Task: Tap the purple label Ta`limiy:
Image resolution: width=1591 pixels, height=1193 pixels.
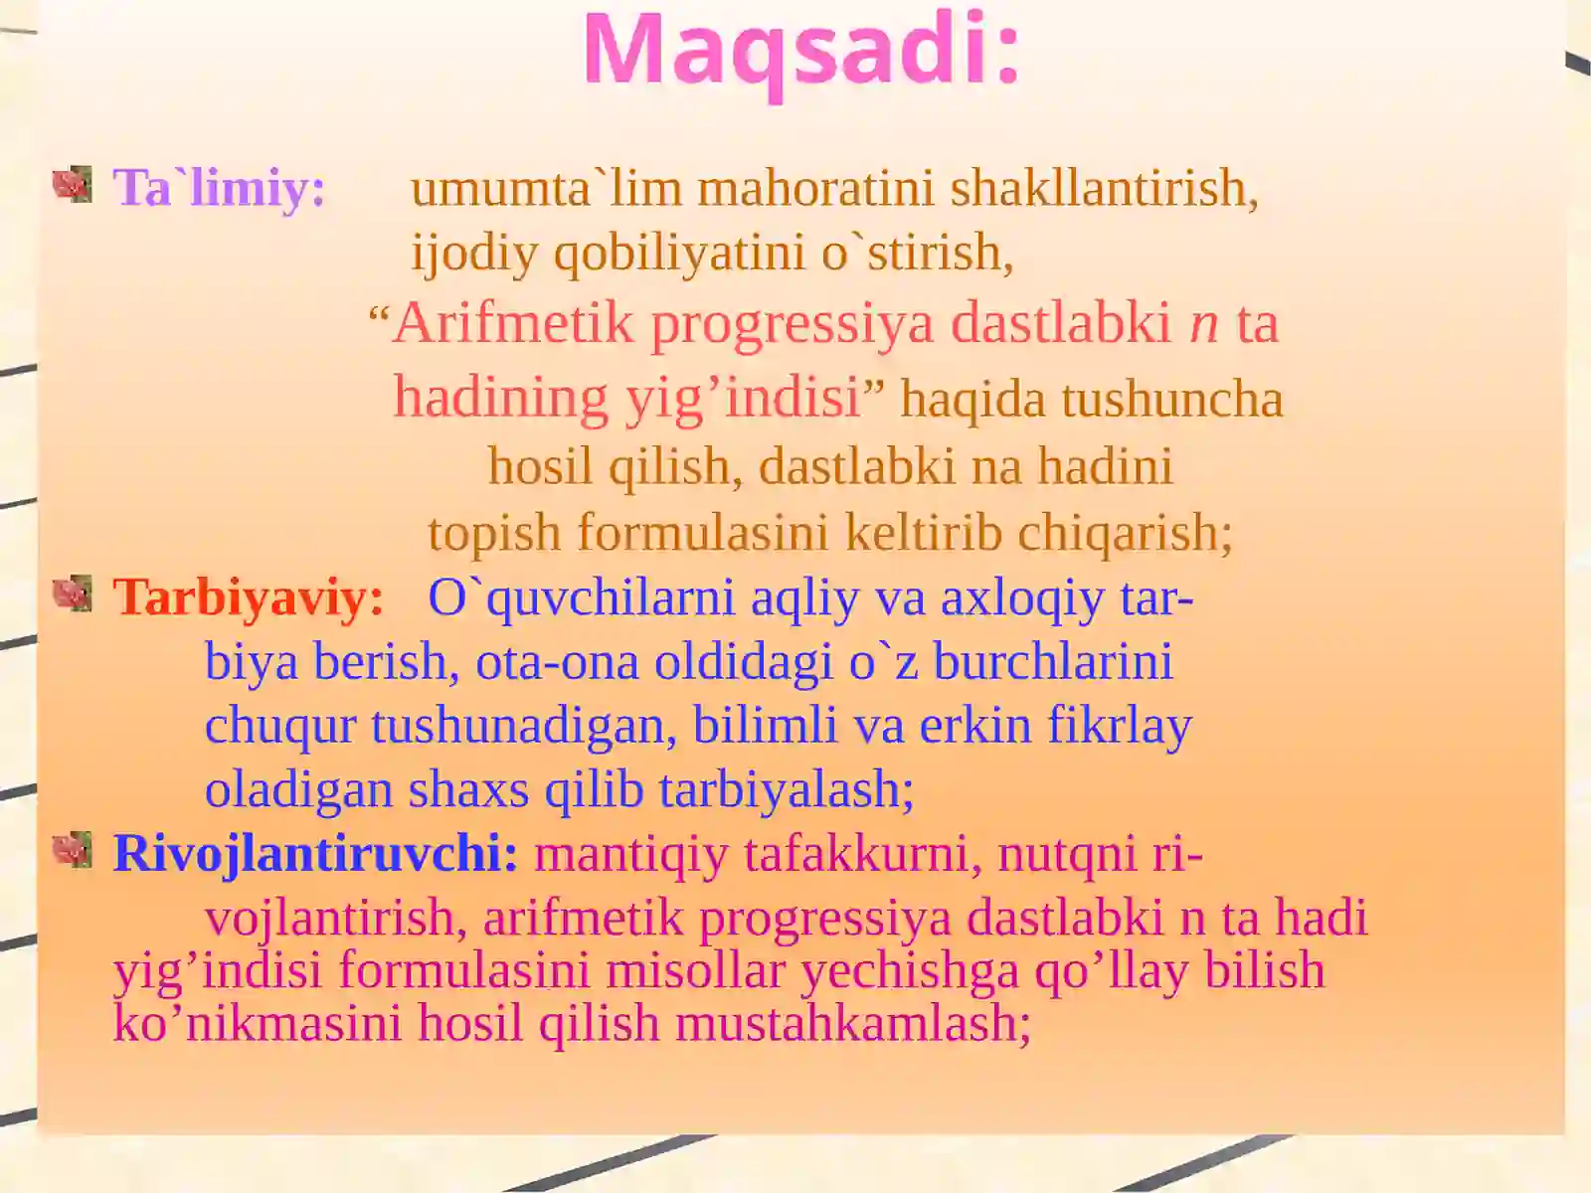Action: point(220,189)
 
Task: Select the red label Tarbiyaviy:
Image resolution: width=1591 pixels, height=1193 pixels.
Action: point(248,598)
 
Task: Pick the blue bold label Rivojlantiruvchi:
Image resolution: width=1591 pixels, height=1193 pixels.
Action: point(316,854)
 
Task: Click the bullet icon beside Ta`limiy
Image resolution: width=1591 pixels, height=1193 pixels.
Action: point(73,184)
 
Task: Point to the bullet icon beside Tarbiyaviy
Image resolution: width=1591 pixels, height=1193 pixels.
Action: point(73,594)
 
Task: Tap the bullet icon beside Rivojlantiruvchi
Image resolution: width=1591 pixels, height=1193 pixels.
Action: point(73,850)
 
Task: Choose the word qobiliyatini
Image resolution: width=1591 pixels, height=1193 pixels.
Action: point(680,254)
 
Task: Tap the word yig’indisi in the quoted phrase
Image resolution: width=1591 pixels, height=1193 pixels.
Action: point(744,399)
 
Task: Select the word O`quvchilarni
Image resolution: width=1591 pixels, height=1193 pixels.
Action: point(582,599)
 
